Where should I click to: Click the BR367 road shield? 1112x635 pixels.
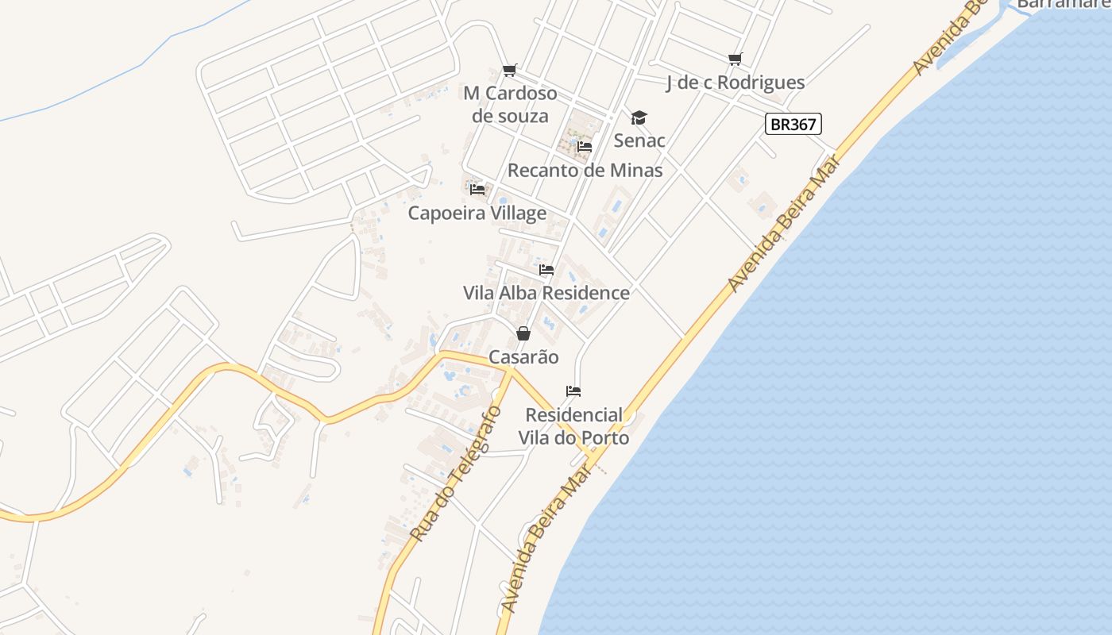(793, 124)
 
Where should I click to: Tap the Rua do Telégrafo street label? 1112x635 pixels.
(455, 475)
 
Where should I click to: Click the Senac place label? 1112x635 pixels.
(639, 140)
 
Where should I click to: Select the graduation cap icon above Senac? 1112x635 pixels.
(639, 118)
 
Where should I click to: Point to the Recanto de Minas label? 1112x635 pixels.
(585, 170)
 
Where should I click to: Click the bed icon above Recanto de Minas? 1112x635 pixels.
(585, 147)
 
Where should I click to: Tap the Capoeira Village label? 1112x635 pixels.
(477, 213)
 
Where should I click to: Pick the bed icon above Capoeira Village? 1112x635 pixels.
(477, 190)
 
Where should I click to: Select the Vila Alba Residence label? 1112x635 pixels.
(546, 293)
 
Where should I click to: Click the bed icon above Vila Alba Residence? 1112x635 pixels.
(546, 270)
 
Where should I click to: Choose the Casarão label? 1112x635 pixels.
(523, 357)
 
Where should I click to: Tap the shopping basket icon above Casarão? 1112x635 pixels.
(523, 333)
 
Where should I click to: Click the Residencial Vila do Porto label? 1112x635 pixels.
(573, 426)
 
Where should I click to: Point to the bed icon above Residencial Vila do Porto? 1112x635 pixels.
(573, 391)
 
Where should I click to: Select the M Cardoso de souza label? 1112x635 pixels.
(510, 105)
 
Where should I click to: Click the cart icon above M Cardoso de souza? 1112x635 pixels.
(510, 71)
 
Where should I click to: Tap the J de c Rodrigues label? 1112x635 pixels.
(735, 83)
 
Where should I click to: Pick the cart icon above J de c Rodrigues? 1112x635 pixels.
(735, 60)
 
